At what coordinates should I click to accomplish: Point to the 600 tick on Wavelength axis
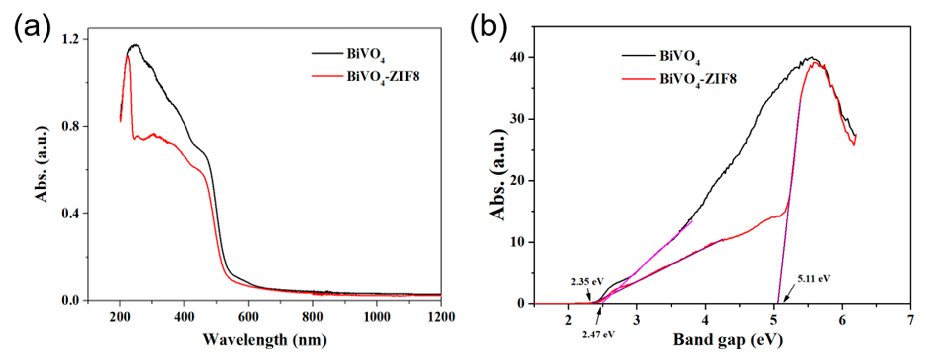click(248, 317)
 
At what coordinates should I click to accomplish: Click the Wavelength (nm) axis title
click(265, 340)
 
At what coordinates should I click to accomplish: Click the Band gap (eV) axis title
click(728, 340)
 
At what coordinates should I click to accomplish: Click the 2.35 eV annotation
click(587, 282)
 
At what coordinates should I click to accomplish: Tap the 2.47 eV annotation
click(599, 335)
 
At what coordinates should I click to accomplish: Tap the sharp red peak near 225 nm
click(128, 56)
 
